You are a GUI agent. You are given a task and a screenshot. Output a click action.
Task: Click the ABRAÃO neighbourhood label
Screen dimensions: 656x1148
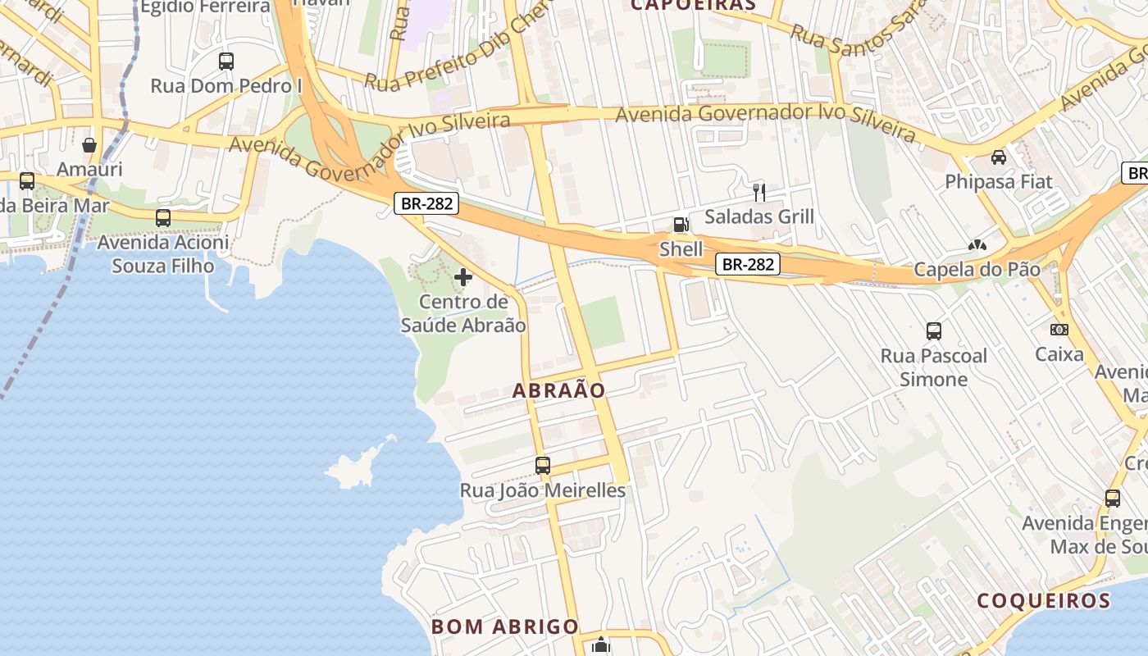point(558,391)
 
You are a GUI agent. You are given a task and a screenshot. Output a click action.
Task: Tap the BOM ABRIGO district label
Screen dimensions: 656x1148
point(505,626)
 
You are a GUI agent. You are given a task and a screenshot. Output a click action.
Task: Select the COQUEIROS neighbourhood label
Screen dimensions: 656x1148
point(1043,600)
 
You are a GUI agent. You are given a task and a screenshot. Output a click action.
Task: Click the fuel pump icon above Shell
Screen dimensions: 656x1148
point(681,225)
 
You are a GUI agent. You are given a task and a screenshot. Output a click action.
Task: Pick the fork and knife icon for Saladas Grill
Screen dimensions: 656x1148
point(759,193)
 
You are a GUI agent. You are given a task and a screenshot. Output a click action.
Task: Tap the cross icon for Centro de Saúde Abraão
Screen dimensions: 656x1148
point(463,277)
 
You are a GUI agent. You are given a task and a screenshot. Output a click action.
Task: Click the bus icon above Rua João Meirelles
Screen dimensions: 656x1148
point(543,466)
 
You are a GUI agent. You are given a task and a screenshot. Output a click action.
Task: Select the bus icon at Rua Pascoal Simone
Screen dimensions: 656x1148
point(934,331)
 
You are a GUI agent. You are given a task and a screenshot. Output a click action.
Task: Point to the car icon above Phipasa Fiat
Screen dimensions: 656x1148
point(999,157)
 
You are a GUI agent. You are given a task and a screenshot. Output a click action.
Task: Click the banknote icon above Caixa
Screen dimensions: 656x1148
point(1059,330)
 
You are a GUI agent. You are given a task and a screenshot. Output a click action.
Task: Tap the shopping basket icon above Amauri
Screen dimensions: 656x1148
point(89,145)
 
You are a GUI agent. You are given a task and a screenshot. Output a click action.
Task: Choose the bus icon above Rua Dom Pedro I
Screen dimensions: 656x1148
point(226,61)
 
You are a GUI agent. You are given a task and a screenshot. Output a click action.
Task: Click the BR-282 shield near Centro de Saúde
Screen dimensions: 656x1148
point(427,203)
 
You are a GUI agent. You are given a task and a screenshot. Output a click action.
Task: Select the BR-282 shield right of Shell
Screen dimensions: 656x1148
point(747,264)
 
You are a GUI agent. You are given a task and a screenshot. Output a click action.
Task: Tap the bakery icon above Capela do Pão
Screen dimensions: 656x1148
point(977,245)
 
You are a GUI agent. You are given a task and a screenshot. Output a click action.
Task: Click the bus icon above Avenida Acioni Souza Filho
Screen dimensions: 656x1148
point(163,218)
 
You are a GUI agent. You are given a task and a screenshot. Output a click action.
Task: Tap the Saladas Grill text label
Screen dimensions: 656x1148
point(759,216)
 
